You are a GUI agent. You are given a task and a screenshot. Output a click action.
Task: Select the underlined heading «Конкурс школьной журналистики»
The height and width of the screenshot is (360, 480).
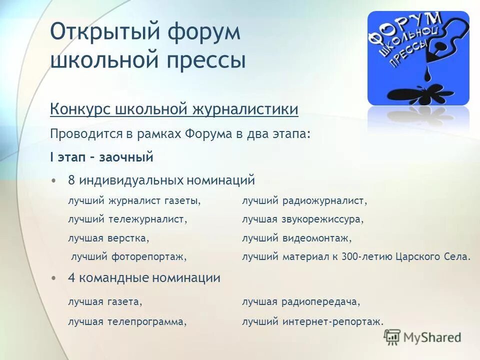(x=174, y=109)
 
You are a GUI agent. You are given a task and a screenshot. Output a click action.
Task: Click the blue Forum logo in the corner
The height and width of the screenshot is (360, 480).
(x=418, y=57)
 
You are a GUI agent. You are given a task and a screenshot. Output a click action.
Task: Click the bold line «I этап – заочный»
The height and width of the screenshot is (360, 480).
(x=101, y=158)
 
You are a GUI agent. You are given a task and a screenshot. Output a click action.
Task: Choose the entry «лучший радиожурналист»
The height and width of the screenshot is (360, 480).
(x=304, y=201)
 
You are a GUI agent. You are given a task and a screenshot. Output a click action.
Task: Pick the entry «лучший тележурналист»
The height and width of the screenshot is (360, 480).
(x=127, y=219)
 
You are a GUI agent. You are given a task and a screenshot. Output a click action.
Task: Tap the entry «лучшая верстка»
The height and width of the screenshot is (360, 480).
(x=108, y=238)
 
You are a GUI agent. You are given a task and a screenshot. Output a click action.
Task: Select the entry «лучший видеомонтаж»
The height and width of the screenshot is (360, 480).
(x=297, y=238)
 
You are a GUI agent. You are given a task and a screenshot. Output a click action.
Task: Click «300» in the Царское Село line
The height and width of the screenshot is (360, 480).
(x=350, y=257)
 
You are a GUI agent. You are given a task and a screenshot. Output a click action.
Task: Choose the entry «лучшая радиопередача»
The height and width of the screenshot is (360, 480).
(x=301, y=302)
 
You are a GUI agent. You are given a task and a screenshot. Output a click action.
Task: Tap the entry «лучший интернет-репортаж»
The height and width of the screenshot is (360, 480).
(x=312, y=322)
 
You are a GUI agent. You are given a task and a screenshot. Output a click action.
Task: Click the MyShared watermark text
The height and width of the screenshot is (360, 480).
(x=431, y=337)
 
